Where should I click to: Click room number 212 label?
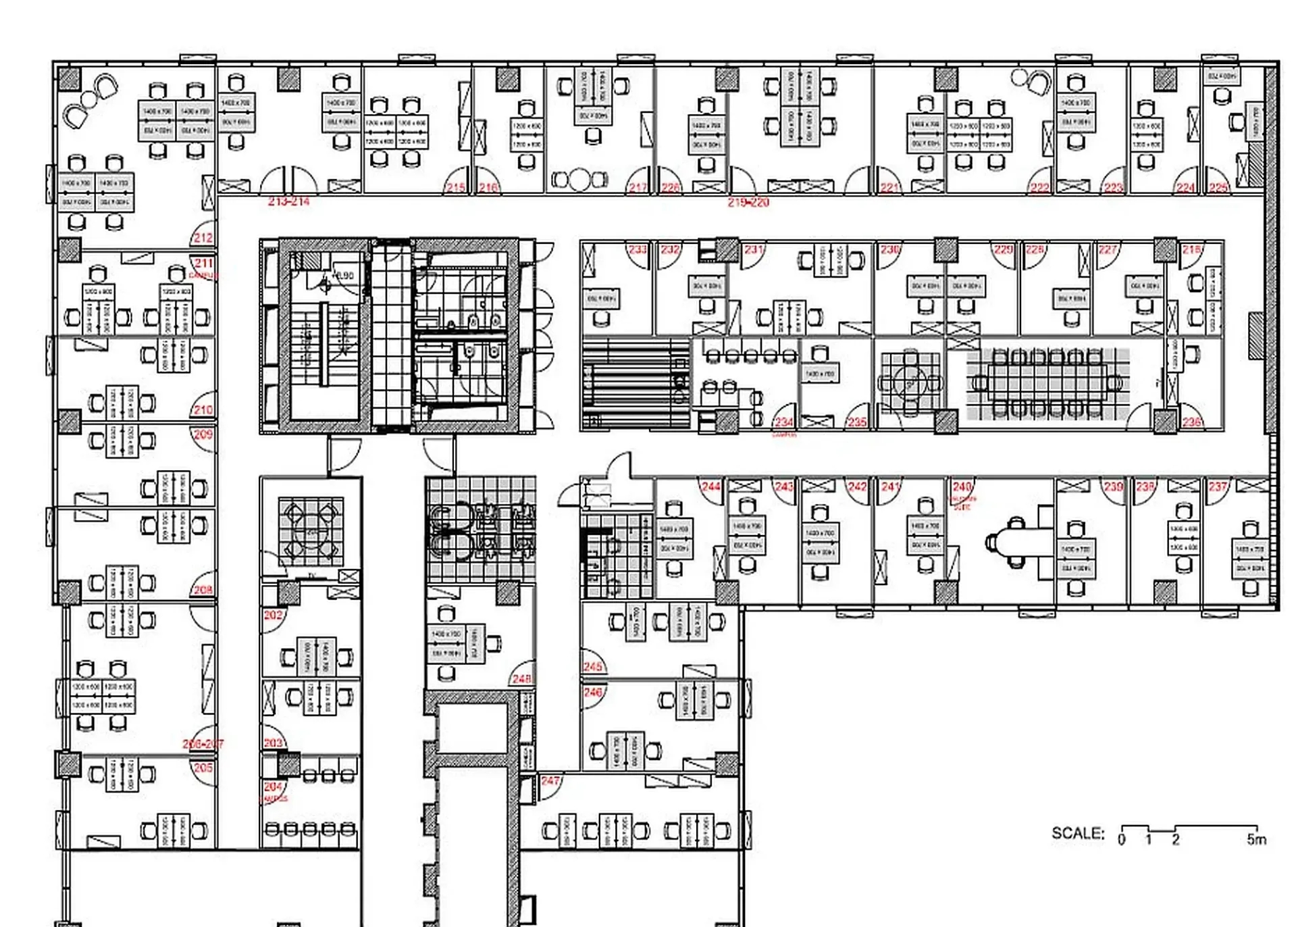pyautogui.click(x=203, y=238)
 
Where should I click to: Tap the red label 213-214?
pyautogui.click(x=288, y=201)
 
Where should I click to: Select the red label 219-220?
pyautogui.click(x=748, y=202)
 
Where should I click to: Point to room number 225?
pyautogui.click(x=1218, y=187)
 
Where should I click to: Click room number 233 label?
pyautogui.click(x=638, y=249)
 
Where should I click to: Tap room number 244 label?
pyautogui.click(x=710, y=486)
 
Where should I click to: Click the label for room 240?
pyautogui.click(x=962, y=486)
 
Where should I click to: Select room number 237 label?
pyautogui.click(x=1218, y=486)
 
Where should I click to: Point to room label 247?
pyautogui.click(x=550, y=780)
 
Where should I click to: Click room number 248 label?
pyautogui.click(x=521, y=678)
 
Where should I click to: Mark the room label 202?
pyautogui.click(x=273, y=615)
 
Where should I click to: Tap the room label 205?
pyautogui.click(x=203, y=768)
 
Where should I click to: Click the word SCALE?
pyautogui.click(x=1077, y=833)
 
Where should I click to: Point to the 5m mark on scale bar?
pyautogui.click(x=1256, y=839)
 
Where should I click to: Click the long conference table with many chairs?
pyautogui.click(x=1047, y=383)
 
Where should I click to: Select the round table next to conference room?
pyautogui.click(x=910, y=383)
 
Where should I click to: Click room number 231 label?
pyautogui.click(x=754, y=249)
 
